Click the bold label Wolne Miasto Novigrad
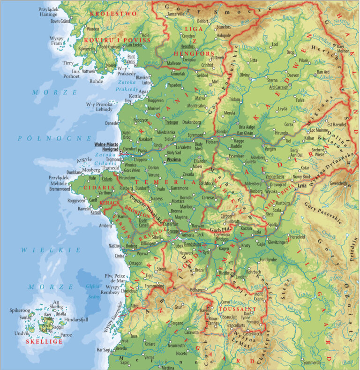tap(106, 146)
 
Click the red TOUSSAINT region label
tap(237, 310)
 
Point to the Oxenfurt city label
tap(130, 148)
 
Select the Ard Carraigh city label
tap(278, 87)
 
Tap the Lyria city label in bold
tap(301, 186)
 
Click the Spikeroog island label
tap(20, 310)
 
